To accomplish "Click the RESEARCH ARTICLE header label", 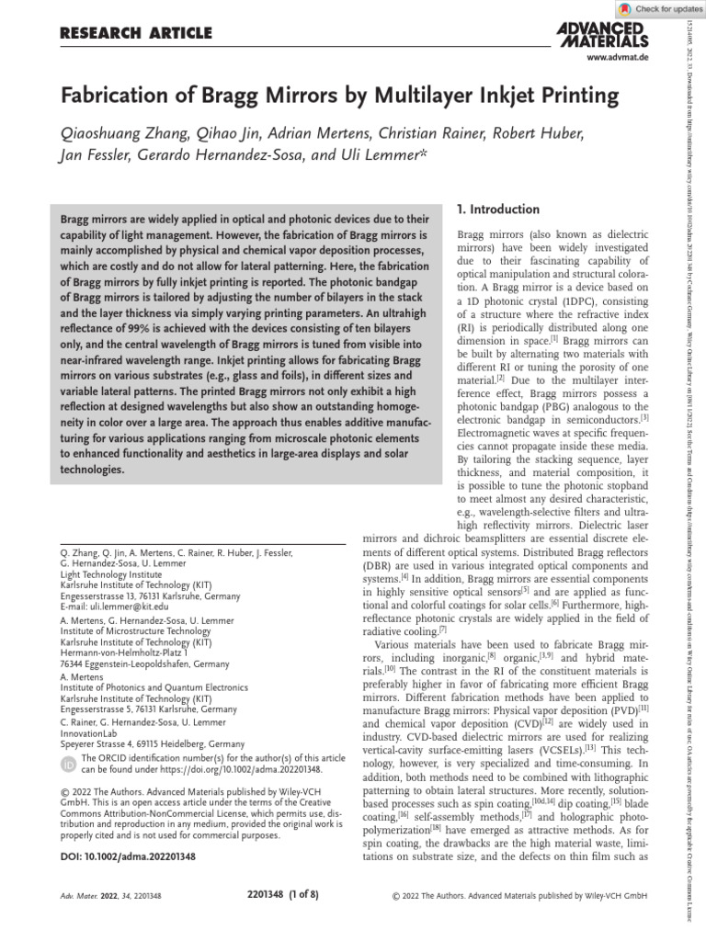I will pyautogui.click(x=135, y=33).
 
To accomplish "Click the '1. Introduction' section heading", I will pyautogui.click(x=497, y=210).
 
